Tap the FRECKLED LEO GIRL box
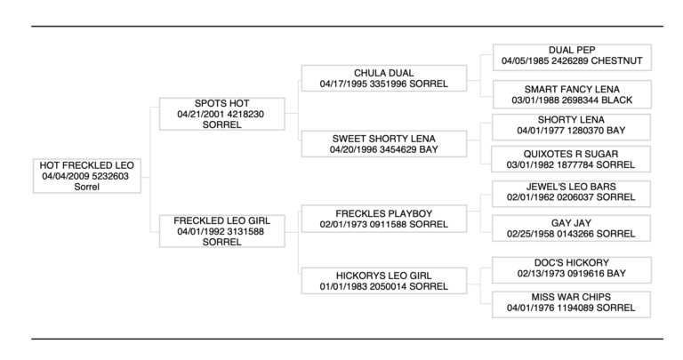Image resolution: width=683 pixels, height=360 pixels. click(x=221, y=231)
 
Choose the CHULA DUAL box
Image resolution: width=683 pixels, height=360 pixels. click(x=383, y=78)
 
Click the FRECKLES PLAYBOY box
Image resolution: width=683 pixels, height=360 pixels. click(x=383, y=219)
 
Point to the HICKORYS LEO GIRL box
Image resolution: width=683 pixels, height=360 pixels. click(x=383, y=280)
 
